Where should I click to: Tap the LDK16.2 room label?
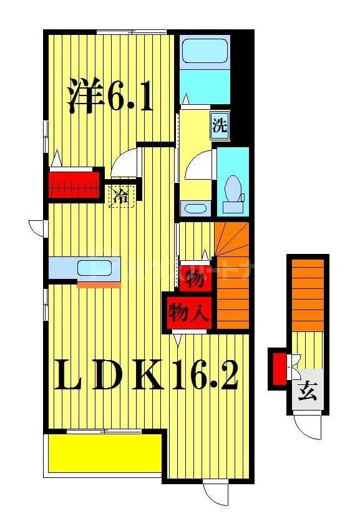[147, 374]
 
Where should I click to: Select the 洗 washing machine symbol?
[220, 127]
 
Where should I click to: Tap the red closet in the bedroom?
[75, 184]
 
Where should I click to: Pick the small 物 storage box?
[195, 279]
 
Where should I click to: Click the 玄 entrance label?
[307, 392]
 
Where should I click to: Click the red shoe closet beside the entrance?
[280, 369]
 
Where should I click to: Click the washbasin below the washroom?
[195, 209]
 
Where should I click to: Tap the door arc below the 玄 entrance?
[307, 429]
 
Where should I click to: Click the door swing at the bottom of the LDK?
[215, 493]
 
